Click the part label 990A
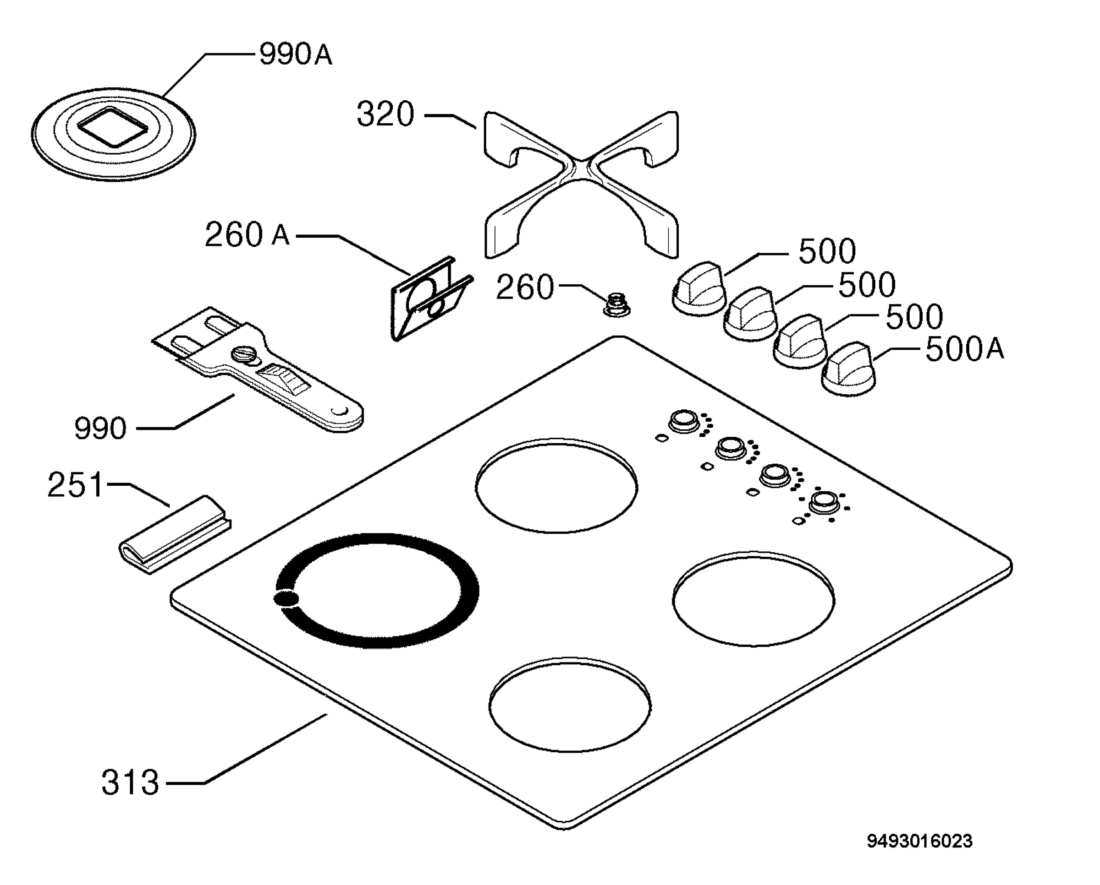coord(296,54)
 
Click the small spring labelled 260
coord(616,304)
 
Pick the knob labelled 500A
coord(847,369)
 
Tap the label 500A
coord(964,350)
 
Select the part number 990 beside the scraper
coord(100,428)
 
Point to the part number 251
coord(75,484)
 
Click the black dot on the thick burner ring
coord(286,598)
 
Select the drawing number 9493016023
coord(919,841)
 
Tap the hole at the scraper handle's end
coord(339,411)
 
